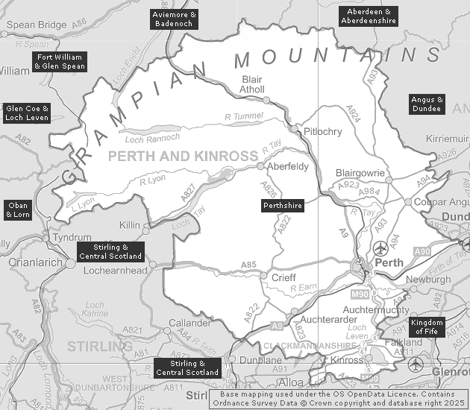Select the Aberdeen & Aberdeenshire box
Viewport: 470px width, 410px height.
pos(369,16)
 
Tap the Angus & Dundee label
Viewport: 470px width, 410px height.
pos(427,104)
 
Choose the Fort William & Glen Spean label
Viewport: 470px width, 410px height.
pos(60,62)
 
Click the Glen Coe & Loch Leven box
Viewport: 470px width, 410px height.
pos(27,113)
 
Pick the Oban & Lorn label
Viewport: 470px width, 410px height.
pos(18,209)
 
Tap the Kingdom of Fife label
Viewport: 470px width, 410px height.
pos(427,327)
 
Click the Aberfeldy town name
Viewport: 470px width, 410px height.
pos(287,166)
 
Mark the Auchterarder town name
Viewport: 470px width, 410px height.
pos(325,317)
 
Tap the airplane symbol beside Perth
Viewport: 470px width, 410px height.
pos(381,247)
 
